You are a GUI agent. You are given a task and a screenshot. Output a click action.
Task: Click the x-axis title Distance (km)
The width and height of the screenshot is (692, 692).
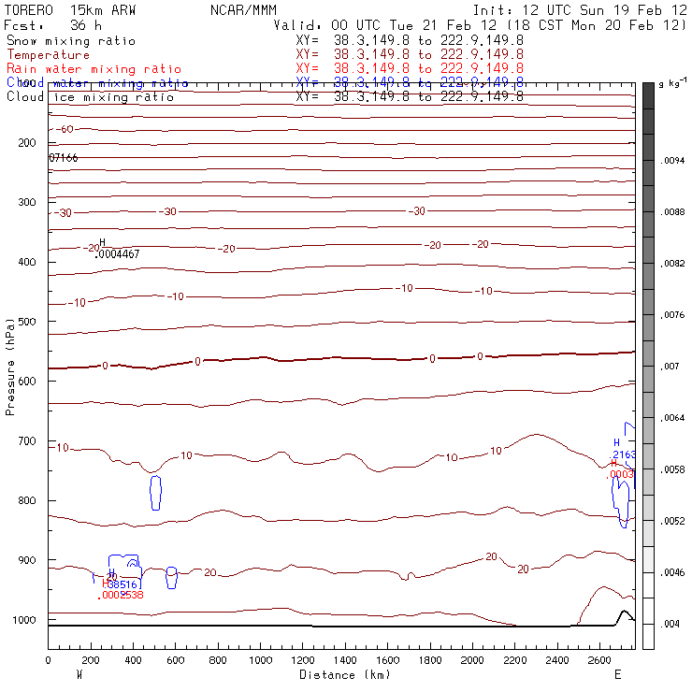340,674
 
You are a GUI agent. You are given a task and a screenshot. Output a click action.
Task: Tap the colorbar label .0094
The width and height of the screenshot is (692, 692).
673,161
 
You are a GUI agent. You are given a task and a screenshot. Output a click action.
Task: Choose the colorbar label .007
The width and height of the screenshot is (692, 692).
670,367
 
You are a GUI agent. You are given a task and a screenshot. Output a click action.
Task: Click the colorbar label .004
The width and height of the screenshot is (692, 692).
670,624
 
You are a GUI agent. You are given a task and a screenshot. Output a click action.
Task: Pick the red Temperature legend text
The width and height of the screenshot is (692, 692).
48,55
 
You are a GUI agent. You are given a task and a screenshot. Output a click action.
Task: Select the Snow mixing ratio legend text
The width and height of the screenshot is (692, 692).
70,41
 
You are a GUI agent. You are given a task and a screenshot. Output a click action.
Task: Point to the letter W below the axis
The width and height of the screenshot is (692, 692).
78,673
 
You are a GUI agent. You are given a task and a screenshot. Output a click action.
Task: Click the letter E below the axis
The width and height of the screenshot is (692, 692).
616,673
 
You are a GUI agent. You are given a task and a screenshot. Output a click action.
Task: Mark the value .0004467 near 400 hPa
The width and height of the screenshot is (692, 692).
119,253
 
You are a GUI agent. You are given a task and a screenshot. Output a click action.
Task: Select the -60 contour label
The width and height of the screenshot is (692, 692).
64,128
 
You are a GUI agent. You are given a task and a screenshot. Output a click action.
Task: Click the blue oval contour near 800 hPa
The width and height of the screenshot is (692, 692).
155,492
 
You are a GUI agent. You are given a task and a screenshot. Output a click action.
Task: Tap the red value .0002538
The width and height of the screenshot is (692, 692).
123,595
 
